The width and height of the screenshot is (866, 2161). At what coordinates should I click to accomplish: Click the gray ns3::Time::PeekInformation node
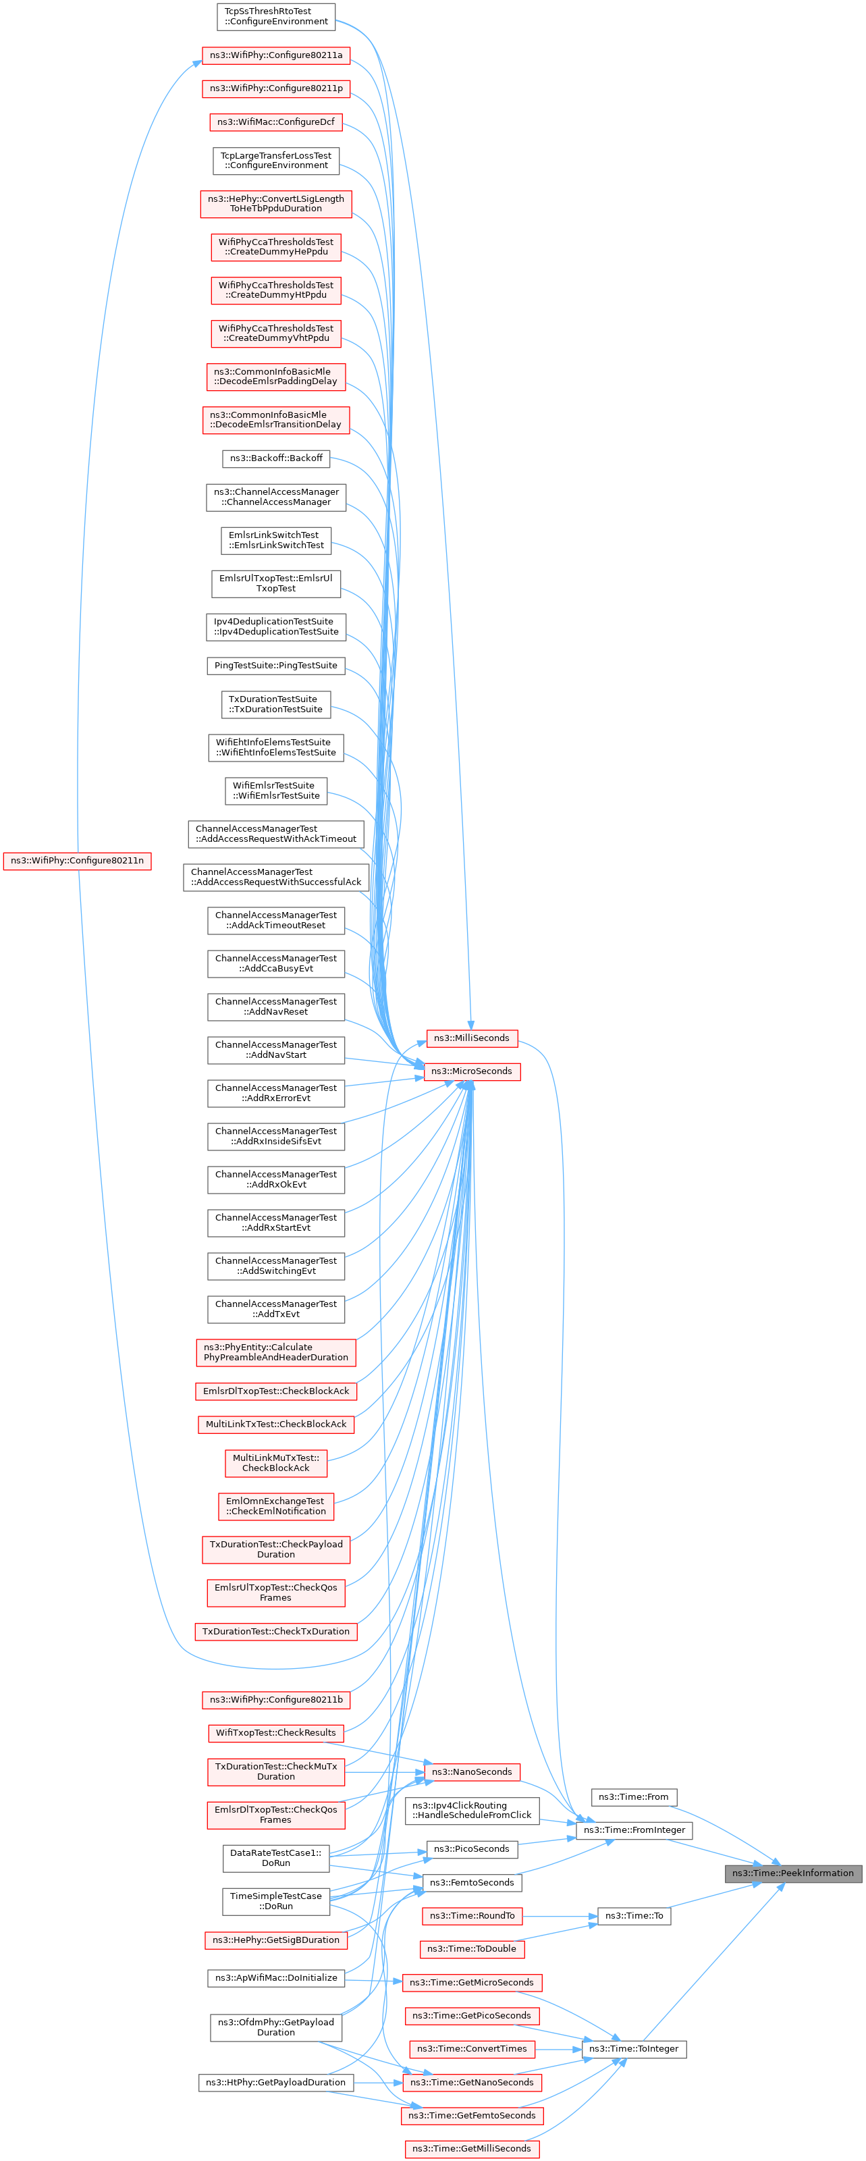tap(793, 1873)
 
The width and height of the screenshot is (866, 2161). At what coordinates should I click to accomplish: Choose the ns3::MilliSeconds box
tap(472, 1038)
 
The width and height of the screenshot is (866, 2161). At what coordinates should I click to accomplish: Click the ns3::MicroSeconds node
tap(472, 1071)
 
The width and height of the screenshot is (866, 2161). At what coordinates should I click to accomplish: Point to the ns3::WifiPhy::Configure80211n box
tap(77, 861)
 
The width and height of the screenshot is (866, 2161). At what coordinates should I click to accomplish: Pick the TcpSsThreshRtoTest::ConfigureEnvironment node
tap(276, 17)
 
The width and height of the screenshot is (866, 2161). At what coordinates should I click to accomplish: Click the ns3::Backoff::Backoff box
tap(276, 458)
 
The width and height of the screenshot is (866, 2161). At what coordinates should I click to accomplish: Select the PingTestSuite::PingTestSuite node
tap(276, 665)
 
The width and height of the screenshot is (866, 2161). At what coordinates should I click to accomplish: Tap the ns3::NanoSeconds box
tap(472, 1771)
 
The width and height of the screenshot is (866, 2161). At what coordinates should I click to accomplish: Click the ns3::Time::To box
tap(634, 1915)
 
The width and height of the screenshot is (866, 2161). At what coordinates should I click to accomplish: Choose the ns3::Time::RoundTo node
tap(472, 1915)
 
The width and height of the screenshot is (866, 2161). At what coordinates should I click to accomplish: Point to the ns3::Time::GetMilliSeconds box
tap(472, 2148)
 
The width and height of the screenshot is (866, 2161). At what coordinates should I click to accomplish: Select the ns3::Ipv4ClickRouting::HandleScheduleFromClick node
tap(472, 1811)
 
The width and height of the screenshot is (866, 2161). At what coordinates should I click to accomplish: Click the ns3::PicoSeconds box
tap(472, 1848)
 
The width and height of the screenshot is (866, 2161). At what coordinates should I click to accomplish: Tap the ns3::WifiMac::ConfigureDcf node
tap(276, 122)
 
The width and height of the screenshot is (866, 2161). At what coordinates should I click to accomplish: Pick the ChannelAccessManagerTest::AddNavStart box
tap(276, 1050)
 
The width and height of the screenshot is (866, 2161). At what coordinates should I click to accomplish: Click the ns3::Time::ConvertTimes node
tap(472, 2048)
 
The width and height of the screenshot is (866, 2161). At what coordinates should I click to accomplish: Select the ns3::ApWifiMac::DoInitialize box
tap(276, 1977)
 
